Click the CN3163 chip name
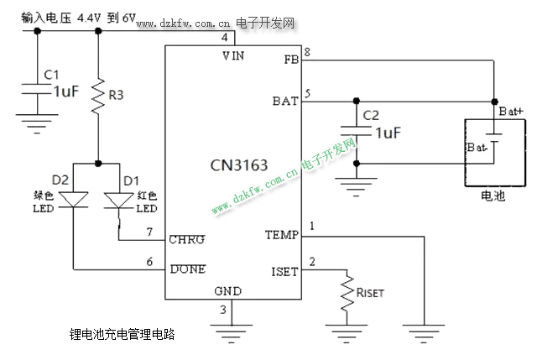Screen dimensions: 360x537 click(239, 165)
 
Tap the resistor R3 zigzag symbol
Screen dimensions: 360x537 click(99, 90)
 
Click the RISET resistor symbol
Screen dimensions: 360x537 click(345, 294)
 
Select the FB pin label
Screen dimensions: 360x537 click(290, 59)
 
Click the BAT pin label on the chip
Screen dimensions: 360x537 click(285, 101)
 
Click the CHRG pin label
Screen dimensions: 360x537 click(186, 239)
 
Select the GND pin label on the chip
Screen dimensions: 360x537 click(228, 291)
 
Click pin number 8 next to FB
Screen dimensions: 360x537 click(307, 52)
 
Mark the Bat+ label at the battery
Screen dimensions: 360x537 click(511, 111)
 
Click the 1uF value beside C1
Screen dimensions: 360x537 click(66, 91)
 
